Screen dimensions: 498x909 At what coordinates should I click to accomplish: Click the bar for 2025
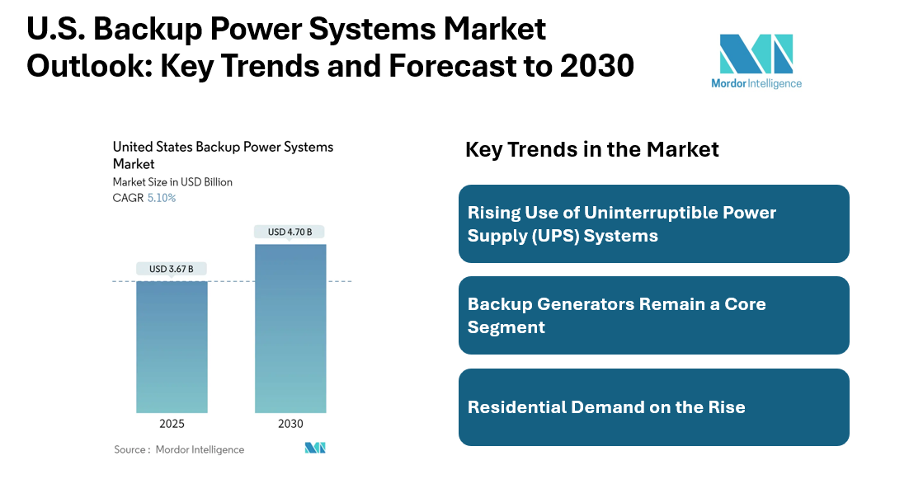click(x=172, y=346)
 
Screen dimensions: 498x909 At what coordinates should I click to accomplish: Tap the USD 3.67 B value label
click(x=172, y=269)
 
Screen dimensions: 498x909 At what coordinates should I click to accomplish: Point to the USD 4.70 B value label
click(x=290, y=233)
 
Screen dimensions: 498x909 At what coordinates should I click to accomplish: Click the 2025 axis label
click(x=172, y=424)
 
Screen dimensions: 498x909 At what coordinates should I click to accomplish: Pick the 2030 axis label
click(x=290, y=424)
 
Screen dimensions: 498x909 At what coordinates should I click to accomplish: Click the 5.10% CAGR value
click(x=162, y=198)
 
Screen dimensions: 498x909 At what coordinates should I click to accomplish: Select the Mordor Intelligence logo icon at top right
click(x=756, y=54)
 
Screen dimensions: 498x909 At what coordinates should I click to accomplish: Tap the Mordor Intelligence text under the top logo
click(x=756, y=83)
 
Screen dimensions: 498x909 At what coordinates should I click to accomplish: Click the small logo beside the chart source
click(x=315, y=448)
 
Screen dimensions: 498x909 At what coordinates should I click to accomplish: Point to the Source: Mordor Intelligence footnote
click(x=179, y=449)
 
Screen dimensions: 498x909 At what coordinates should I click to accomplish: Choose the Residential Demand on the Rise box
click(x=653, y=407)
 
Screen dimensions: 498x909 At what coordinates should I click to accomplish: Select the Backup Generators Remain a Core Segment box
click(x=653, y=315)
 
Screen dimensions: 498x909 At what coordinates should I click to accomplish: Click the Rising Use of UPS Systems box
click(x=653, y=223)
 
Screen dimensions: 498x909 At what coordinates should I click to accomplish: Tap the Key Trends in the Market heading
click(x=592, y=149)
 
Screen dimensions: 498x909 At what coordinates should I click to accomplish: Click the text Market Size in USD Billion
click(x=172, y=181)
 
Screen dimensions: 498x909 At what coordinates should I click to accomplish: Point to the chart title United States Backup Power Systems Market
click(x=223, y=155)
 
